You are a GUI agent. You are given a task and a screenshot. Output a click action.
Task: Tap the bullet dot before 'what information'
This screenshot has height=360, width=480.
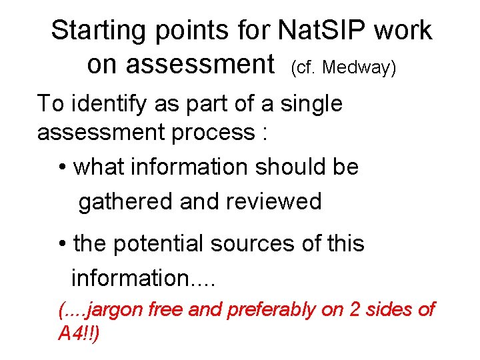tap(62, 167)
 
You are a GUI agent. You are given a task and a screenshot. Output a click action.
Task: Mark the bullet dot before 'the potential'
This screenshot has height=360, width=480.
tap(62, 245)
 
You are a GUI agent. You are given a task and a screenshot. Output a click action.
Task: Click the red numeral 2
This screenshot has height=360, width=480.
tap(353, 309)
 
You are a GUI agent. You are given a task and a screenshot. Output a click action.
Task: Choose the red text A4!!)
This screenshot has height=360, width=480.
tap(79, 334)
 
